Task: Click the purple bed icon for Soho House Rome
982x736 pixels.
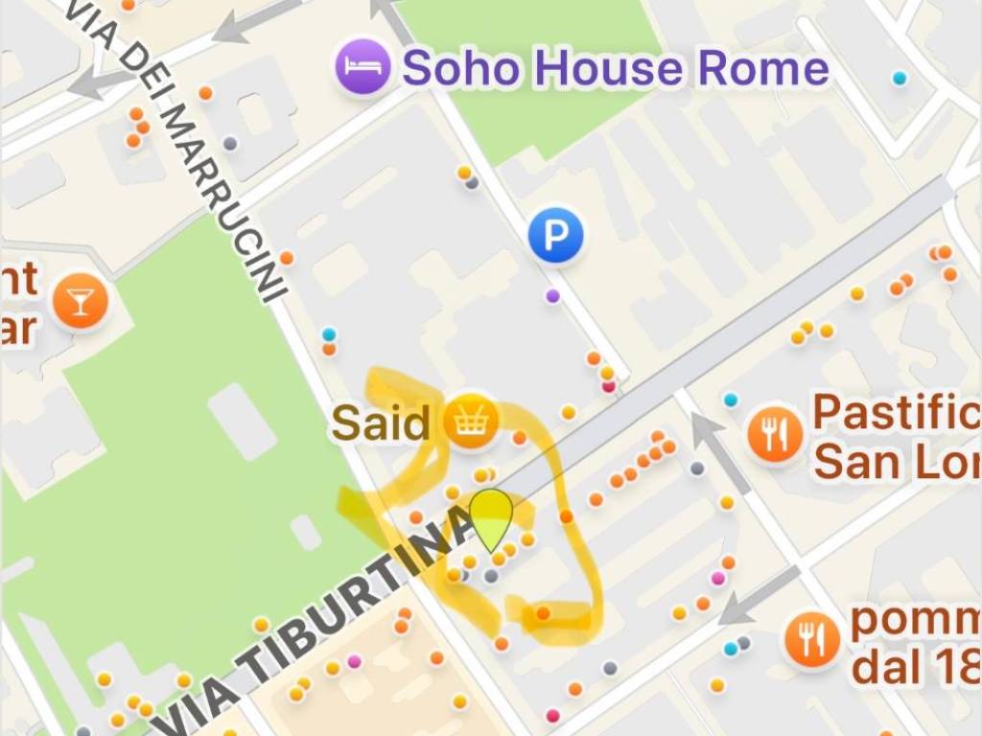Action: (x=362, y=67)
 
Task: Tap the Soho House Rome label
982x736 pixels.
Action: (x=615, y=68)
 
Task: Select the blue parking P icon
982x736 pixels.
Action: (x=555, y=235)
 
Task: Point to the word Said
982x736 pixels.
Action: (x=381, y=423)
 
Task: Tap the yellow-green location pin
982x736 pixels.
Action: (x=492, y=518)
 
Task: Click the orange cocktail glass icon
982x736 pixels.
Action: (x=81, y=301)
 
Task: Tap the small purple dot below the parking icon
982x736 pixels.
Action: (x=552, y=295)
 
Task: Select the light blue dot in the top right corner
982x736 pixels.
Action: (x=899, y=78)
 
